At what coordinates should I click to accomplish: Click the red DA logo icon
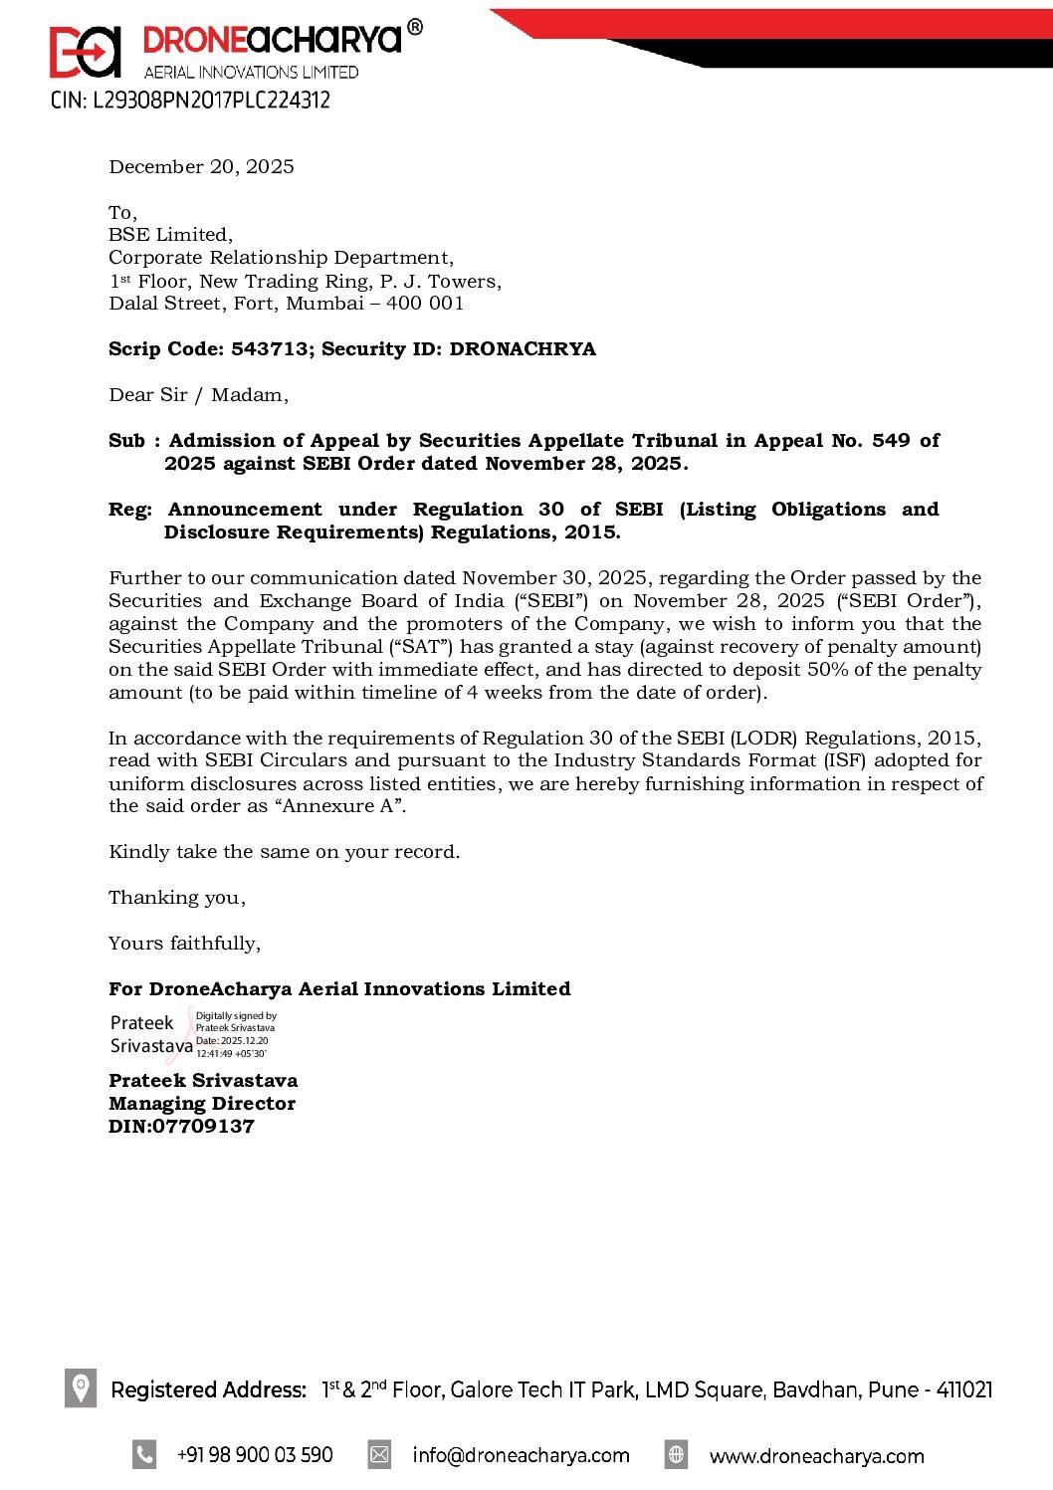pyautogui.click(x=85, y=52)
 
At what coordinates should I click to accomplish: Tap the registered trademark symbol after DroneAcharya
pyautogui.click(x=415, y=28)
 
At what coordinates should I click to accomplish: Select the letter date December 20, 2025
pyautogui.click(x=201, y=166)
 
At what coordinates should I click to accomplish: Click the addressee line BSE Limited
pyautogui.click(x=170, y=235)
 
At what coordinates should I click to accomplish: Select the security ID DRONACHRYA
pyautogui.click(x=523, y=349)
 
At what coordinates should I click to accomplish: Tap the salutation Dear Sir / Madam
pyautogui.click(x=198, y=395)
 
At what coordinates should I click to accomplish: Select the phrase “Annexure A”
pyautogui.click(x=338, y=806)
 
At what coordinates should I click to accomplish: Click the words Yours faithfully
pyautogui.click(x=184, y=944)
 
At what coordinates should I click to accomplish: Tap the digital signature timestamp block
pyautogui.click(x=235, y=1035)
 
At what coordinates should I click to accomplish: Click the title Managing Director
pyautogui.click(x=201, y=1104)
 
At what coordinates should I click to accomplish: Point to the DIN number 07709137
pyautogui.click(x=203, y=1127)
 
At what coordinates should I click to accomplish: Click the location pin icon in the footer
pyautogui.click(x=81, y=1387)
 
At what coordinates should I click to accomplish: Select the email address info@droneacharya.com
pyautogui.click(x=521, y=1455)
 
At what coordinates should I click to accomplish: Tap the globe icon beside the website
pyautogui.click(x=676, y=1454)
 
